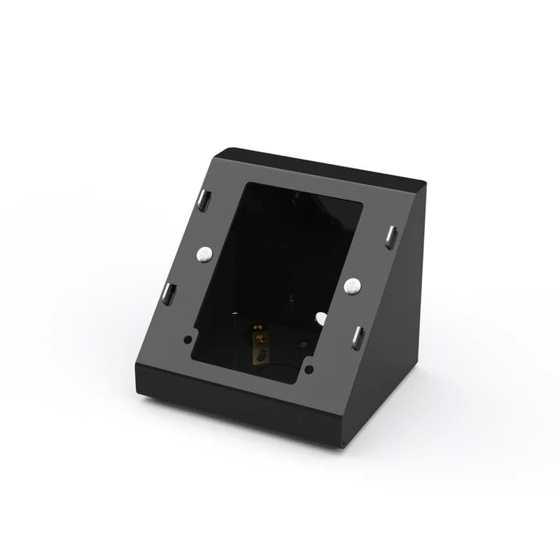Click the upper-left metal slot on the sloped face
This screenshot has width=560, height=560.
(x=203, y=200)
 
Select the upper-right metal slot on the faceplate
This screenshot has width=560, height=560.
(x=390, y=237)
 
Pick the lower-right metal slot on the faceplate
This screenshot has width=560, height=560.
(x=358, y=337)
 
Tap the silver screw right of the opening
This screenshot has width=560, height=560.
(x=352, y=285)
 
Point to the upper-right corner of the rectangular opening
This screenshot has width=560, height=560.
(x=363, y=204)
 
